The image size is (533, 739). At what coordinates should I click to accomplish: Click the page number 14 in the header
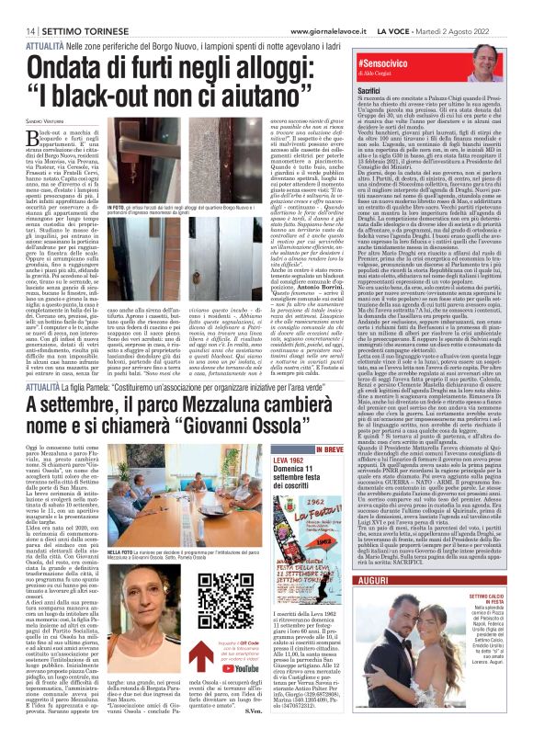point(17,29)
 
